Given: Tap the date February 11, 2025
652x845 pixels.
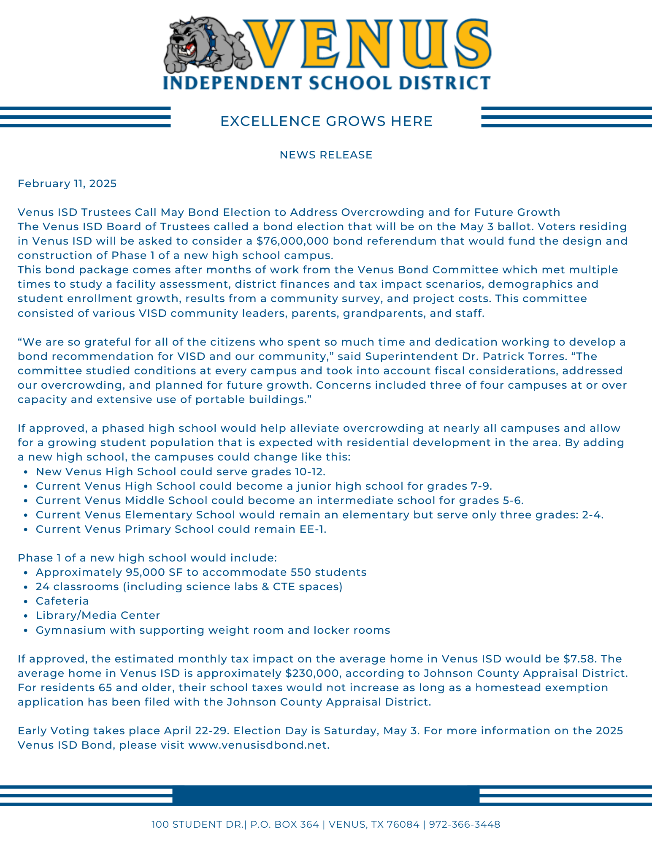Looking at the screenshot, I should click(x=67, y=184).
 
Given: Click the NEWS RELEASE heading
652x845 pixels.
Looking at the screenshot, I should click(x=326, y=155).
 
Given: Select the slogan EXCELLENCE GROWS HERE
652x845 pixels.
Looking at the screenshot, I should click(x=326, y=122).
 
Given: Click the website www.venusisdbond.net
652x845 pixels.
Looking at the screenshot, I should click(x=258, y=745).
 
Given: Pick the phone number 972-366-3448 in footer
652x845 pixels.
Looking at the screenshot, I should click(x=465, y=825).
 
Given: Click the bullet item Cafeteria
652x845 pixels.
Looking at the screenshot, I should click(x=62, y=601).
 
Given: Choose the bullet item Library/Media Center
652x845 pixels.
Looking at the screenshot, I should click(x=98, y=616).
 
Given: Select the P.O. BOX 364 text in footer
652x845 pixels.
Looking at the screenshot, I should click(x=284, y=825).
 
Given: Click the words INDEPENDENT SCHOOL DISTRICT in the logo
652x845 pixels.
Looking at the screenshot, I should click(x=326, y=83).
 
